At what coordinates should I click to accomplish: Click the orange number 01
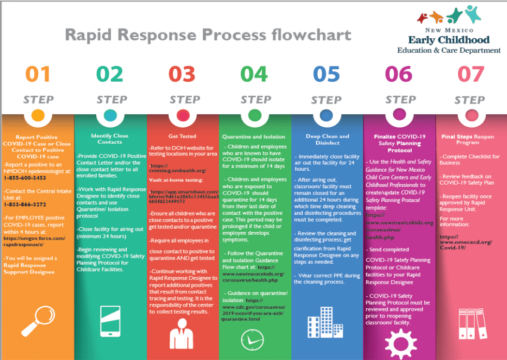coord(38,74)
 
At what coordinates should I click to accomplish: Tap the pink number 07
coord(470,74)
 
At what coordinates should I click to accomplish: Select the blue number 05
coord(326,74)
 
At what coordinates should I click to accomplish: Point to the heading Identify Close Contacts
coord(110,139)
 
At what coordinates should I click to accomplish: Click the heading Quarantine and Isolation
coord(254,137)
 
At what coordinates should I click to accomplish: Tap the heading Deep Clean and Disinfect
coord(327,139)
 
